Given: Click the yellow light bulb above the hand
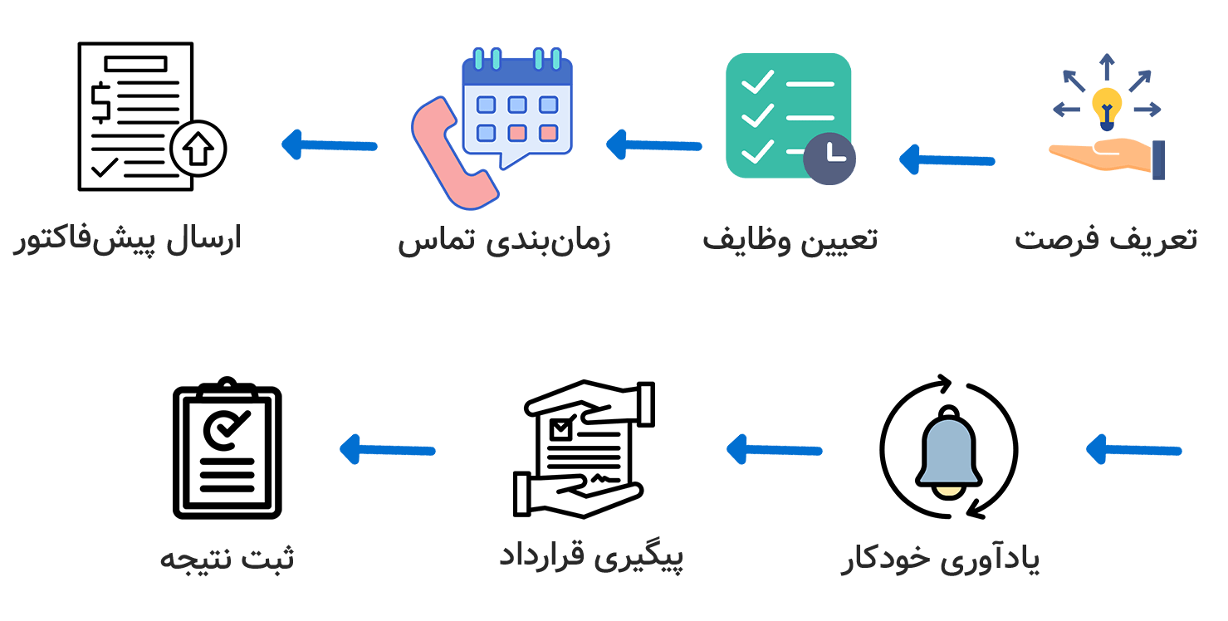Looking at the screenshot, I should tap(1106, 106).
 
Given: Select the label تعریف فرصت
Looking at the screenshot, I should tap(1106, 239).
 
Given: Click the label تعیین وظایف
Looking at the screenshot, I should tap(790, 239).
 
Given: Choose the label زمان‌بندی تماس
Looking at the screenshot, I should tap(504, 241).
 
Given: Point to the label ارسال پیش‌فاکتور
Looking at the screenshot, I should tap(126, 240).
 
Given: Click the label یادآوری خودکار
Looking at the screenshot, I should tap(940, 560).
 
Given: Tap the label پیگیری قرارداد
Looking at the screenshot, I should tap(591, 556).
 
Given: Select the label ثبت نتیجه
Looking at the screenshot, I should tap(227, 558).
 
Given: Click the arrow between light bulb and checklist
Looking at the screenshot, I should tap(947, 159).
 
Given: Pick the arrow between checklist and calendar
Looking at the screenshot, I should tap(653, 145).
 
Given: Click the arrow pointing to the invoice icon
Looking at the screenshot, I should tap(330, 145).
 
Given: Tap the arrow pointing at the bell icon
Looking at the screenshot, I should tap(1133, 450).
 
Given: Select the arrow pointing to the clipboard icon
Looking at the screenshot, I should tap(388, 450).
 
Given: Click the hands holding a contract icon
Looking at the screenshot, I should tap(585, 449).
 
